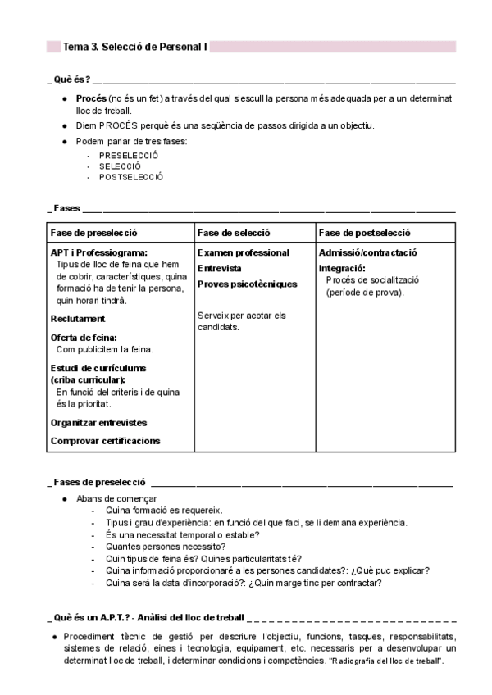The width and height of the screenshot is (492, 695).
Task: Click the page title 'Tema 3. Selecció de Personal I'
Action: pyautogui.click(x=135, y=48)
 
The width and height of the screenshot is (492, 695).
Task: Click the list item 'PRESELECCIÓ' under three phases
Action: pyautogui.click(x=129, y=155)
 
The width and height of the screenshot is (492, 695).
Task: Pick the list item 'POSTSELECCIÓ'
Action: pyautogui.click(x=131, y=176)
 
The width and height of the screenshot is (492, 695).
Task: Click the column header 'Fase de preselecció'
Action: pyautogui.click(x=93, y=233)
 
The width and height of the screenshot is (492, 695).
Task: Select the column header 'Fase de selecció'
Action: pyautogui.click(x=234, y=233)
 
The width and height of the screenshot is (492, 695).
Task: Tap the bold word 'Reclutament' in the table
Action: pyautogui.click(x=78, y=318)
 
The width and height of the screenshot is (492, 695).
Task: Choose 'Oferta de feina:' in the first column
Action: pyautogui.click(x=84, y=337)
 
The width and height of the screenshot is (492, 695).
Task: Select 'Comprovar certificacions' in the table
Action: pyautogui.click(x=105, y=441)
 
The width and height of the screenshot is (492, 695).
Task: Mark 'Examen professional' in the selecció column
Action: pyautogui.click(x=244, y=253)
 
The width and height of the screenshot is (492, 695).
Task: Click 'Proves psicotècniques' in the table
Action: pyautogui.click(x=247, y=284)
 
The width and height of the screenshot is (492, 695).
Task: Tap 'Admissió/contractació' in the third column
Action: pyautogui.click(x=368, y=253)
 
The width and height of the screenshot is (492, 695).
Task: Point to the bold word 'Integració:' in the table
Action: pyautogui.click(x=342, y=268)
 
